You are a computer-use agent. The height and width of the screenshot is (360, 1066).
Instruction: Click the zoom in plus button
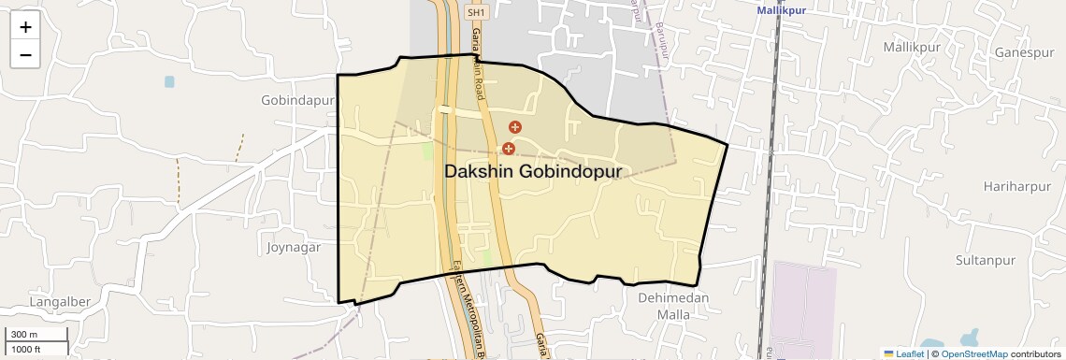(25, 27)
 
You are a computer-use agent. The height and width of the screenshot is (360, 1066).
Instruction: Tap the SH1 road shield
(476, 13)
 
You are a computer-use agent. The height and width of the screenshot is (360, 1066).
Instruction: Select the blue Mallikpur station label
(783, 10)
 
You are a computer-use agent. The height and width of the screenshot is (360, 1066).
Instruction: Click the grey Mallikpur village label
(911, 47)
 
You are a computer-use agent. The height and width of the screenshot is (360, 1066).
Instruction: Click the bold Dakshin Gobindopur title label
(532, 172)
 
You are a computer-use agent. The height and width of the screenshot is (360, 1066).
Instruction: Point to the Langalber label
(59, 302)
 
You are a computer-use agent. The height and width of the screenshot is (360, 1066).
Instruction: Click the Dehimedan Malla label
(673, 306)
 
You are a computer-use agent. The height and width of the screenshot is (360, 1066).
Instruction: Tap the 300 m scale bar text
(24, 335)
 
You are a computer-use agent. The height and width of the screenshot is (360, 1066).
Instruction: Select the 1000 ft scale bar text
(26, 349)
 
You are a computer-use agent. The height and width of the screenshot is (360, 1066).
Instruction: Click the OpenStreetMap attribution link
(974, 354)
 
